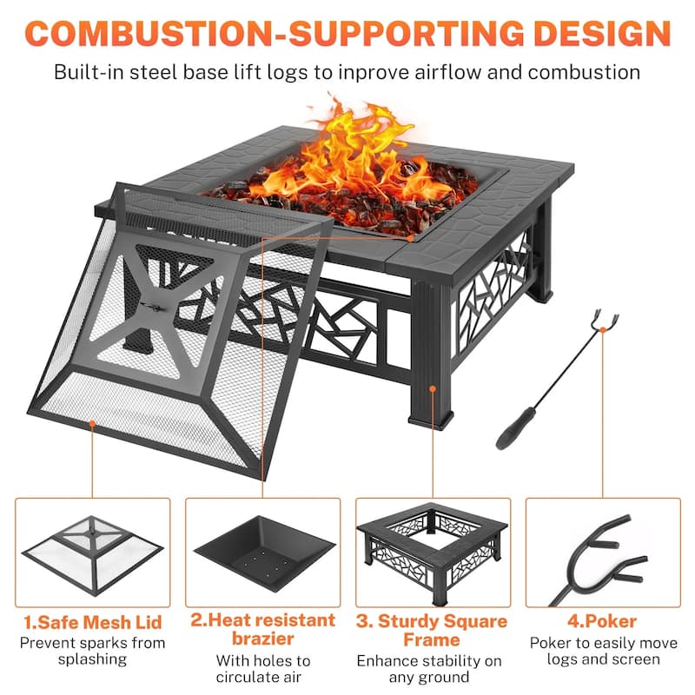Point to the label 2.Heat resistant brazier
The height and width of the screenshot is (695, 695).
263,630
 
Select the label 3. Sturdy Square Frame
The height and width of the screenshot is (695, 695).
432,631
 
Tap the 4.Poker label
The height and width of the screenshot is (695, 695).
604,622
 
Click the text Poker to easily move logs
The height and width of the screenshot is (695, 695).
604,652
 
